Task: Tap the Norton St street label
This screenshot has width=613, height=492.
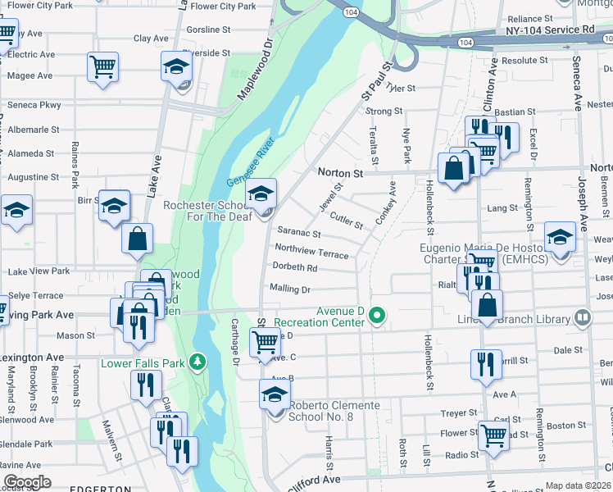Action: [x=339, y=174]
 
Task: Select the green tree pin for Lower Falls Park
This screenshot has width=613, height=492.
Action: [x=197, y=362]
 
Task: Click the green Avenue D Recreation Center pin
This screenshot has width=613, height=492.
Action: [x=377, y=315]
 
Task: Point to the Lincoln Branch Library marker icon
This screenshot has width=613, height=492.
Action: [x=583, y=317]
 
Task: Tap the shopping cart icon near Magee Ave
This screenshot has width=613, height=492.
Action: [x=102, y=67]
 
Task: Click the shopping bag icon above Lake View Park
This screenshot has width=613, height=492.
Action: [x=138, y=239]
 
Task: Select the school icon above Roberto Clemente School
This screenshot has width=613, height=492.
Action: [x=275, y=394]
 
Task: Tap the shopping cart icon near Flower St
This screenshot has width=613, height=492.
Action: [x=493, y=435]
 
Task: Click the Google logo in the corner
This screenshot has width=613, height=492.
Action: [x=26, y=482]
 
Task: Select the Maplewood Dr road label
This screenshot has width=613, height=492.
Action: [x=255, y=71]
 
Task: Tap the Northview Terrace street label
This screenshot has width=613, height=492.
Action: [x=311, y=250]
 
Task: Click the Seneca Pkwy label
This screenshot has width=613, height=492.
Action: [x=34, y=105]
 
